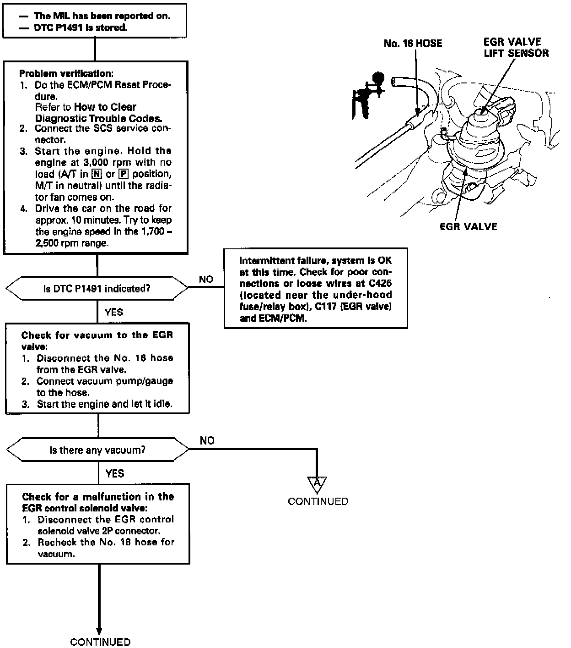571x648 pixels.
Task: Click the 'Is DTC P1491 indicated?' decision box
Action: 97,289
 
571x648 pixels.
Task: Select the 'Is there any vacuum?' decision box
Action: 97,450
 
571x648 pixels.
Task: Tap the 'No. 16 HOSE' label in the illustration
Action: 413,44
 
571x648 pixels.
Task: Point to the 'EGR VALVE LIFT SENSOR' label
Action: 516,48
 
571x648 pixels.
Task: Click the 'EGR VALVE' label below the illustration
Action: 468,226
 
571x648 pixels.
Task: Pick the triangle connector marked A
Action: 317,484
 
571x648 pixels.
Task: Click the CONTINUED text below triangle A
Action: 318,501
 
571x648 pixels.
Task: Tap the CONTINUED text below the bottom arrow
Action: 100,642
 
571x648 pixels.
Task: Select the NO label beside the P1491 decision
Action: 206,280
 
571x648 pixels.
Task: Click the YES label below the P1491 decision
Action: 113,313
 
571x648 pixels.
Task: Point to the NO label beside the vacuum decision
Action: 207,440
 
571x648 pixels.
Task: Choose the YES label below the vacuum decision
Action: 114,473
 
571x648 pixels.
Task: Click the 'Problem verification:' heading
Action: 66,73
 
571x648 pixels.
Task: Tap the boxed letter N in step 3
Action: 97,174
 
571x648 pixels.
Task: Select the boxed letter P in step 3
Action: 123,174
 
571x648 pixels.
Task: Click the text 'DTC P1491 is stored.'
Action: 81,28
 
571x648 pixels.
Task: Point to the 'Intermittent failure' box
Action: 316,289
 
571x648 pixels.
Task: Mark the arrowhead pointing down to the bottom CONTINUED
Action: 99,631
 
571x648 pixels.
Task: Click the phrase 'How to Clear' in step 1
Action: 105,107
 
